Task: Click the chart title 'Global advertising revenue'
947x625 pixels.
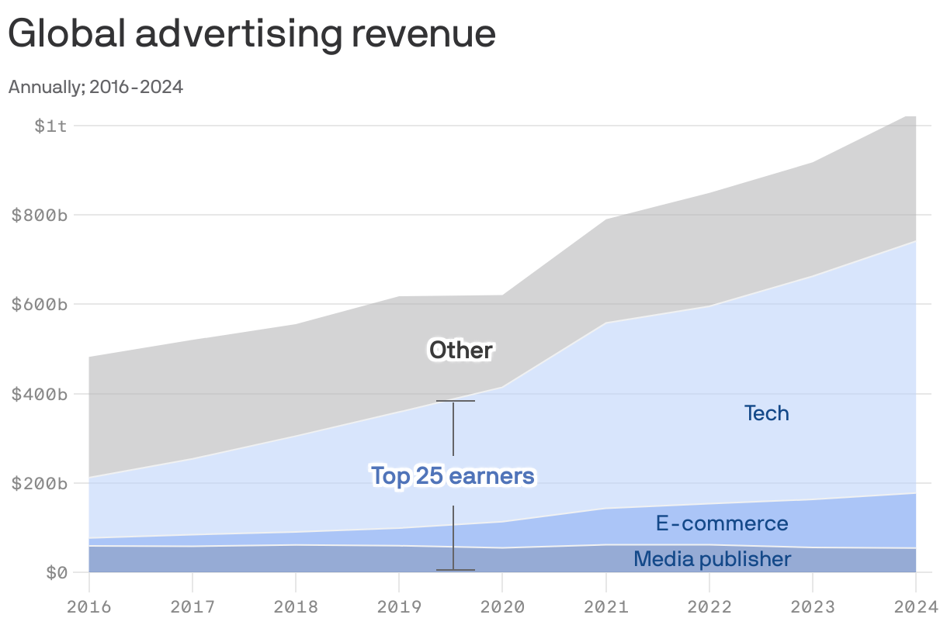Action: click(x=251, y=34)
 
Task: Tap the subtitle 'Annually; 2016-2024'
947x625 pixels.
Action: click(x=95, y=87)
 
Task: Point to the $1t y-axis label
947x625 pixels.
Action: click(x=51, y=126)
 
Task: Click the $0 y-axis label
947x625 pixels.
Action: click(x=57, y=573)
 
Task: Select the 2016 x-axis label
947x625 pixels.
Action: click(x=89, y=606)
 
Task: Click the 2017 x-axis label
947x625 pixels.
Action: click(x=193, y=606)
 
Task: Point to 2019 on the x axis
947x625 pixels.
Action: click(x=399, y=606)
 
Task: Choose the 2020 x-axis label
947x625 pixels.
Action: click(x=502, y=606)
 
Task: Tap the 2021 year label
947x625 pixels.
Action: click(x=605, y=606)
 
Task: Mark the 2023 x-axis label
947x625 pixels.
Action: click(x=813, y=606)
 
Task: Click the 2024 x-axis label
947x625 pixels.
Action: click(x=914, y=606)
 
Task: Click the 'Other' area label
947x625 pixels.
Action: click(x=461, y=350)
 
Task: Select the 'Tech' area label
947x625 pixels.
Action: click(x=767, y=413)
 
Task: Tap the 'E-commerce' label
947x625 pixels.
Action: click(x=722, y=523)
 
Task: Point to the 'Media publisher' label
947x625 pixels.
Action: click(x=713, y=559)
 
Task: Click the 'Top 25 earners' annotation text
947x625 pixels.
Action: click(x=453, y=475)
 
